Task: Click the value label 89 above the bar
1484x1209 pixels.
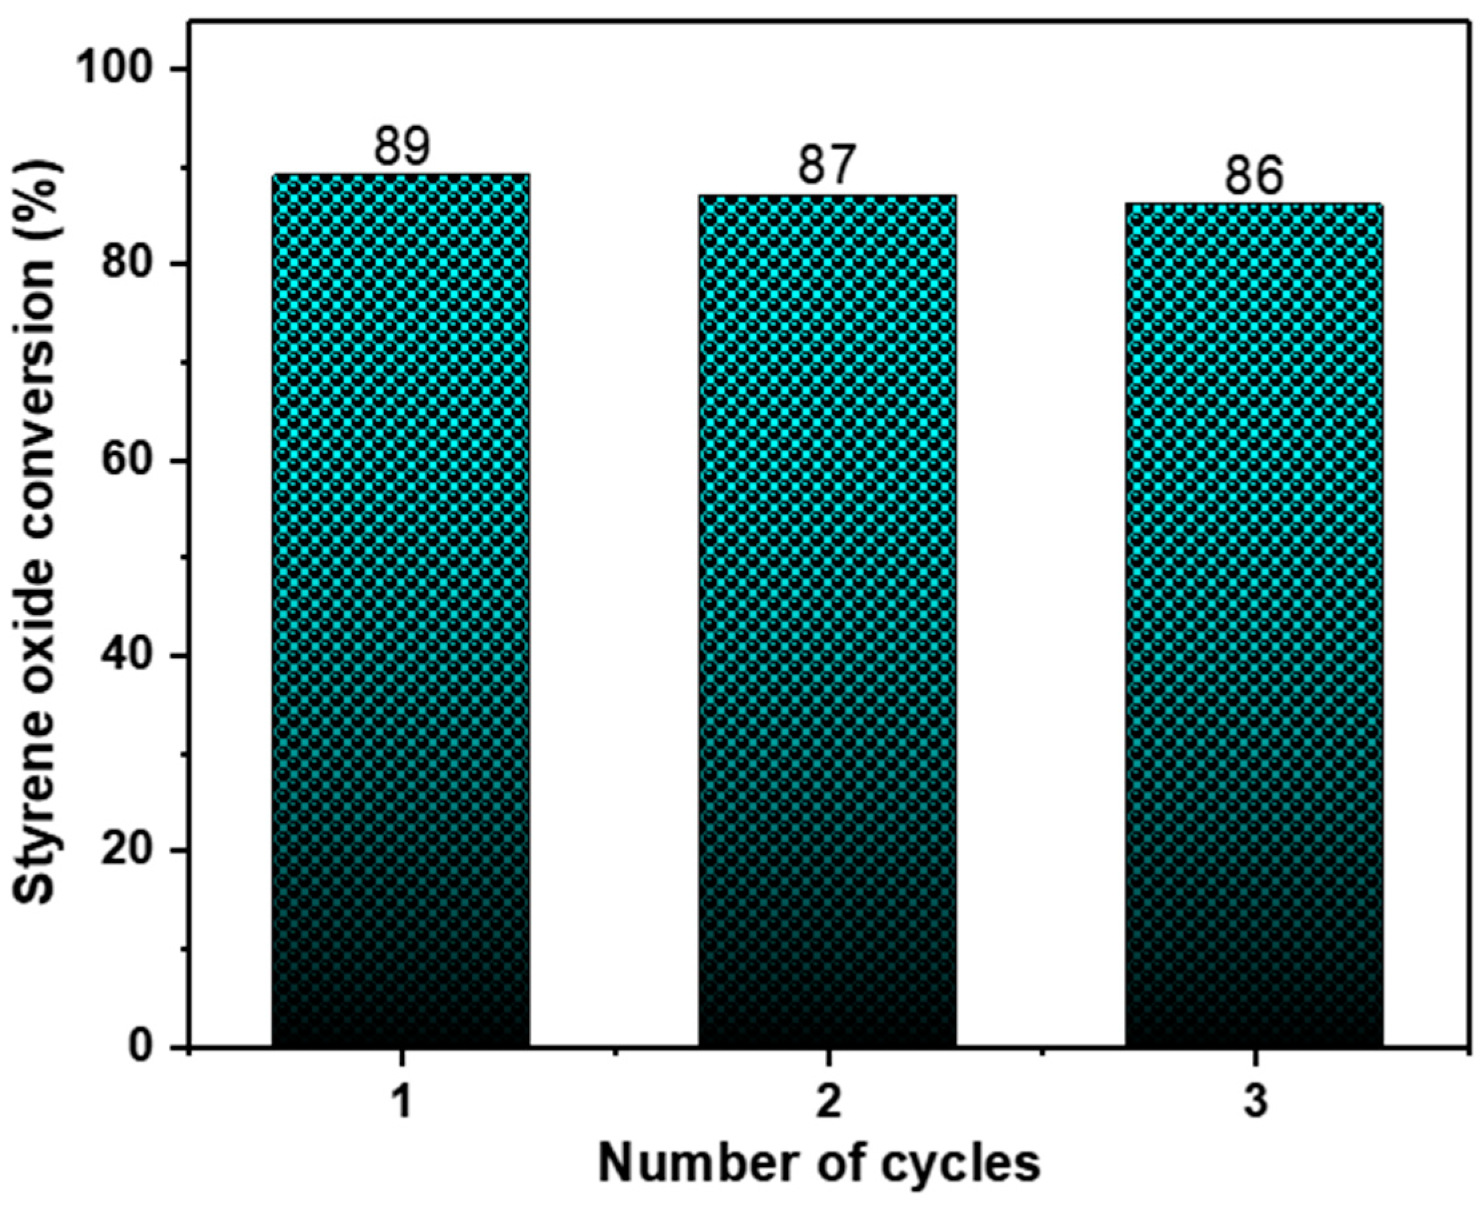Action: click(402, 147)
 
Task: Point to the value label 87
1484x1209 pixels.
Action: click(827, 167)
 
